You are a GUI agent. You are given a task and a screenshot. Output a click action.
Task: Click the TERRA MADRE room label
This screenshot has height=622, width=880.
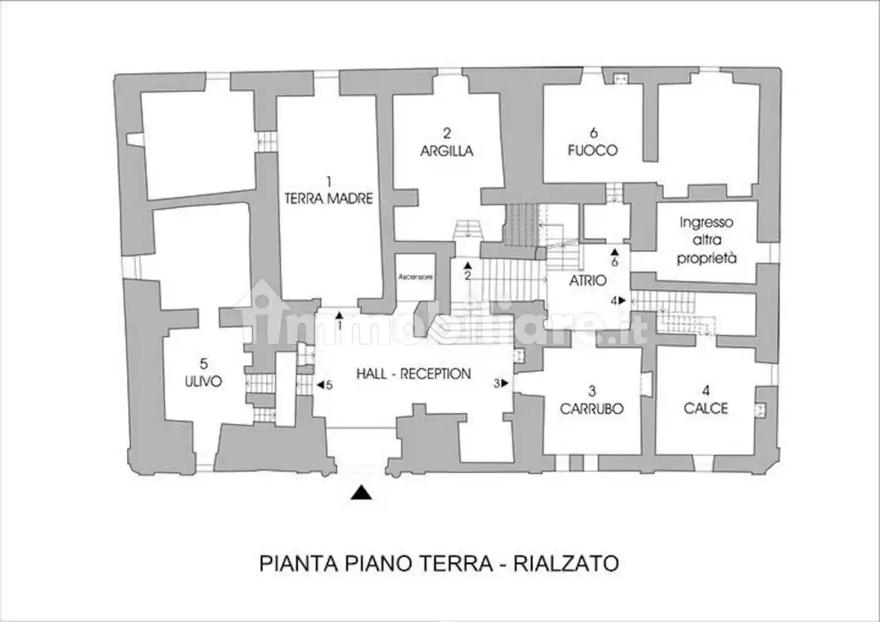pyautogui.click(x=328, y=198)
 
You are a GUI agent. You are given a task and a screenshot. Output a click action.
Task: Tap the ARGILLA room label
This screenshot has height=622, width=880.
pyautogui.click(x=447, y=150)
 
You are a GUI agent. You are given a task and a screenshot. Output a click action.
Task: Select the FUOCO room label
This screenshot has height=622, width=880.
pyautogui.click(x=593, y=150)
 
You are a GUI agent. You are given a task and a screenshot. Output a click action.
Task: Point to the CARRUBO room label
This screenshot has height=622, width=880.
pyautogui.click(x=591, y=408)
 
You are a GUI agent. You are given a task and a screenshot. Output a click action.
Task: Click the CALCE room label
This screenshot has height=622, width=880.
pyautogui.click(x=706, y=408)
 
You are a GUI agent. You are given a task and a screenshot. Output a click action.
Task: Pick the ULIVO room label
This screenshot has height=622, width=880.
pyautogui.click(x=203, y=381)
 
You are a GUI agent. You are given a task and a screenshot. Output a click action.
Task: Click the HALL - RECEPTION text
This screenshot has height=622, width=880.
pyautogui.click(x=414, y=374)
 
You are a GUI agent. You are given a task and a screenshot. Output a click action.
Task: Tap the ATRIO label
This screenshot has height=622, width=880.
pyautogui.click(x=588, y=280)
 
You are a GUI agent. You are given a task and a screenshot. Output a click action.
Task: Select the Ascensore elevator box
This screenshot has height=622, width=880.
pyautogui.click(x=415, y=277)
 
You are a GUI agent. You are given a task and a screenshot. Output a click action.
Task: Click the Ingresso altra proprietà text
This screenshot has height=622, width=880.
pyautogui.click(x=706, y=240)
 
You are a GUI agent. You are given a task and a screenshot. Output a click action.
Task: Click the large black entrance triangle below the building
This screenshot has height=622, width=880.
pyautogui.click(x=361, y=492)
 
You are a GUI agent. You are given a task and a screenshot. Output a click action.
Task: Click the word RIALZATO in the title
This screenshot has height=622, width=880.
pyautogui.click(x=566, y=563)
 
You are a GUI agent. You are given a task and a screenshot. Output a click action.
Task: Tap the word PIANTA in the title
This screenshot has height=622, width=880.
pyautogui.click(x=299, y=563)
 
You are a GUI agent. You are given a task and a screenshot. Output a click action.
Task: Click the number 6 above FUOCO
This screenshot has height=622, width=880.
pyautogui.click(x=593, y=133)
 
